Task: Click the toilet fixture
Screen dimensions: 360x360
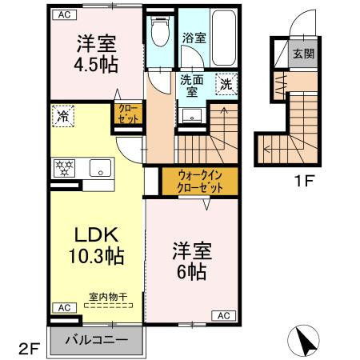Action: [160, 31]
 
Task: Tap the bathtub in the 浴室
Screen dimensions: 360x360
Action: [224, 38]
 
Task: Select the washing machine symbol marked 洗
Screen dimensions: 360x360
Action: [226, 84]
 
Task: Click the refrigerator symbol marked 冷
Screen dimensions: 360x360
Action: [63, 116]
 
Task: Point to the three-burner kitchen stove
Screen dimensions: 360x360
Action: [64, 168]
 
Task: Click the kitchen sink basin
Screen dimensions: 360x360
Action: [100, 168]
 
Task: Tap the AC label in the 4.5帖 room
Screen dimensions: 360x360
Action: [65, 14]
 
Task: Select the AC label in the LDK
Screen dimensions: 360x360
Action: [65, 308]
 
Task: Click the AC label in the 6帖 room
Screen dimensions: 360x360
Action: [224, 316]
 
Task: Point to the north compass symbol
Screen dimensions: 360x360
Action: [303, 341]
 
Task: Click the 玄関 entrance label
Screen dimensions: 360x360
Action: [303, 54]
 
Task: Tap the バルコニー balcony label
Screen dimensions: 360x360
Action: [97, 340]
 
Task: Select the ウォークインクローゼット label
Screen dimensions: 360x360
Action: [200, 182]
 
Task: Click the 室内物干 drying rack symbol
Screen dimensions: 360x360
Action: [108, 306]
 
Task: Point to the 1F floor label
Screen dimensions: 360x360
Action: [303, 182]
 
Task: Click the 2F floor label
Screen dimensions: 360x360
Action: [29, 348]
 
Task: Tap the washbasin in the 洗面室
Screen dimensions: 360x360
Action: [192, 115]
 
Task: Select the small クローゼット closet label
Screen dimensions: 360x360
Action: [128, 114]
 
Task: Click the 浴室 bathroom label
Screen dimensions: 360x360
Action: [194, 38]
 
